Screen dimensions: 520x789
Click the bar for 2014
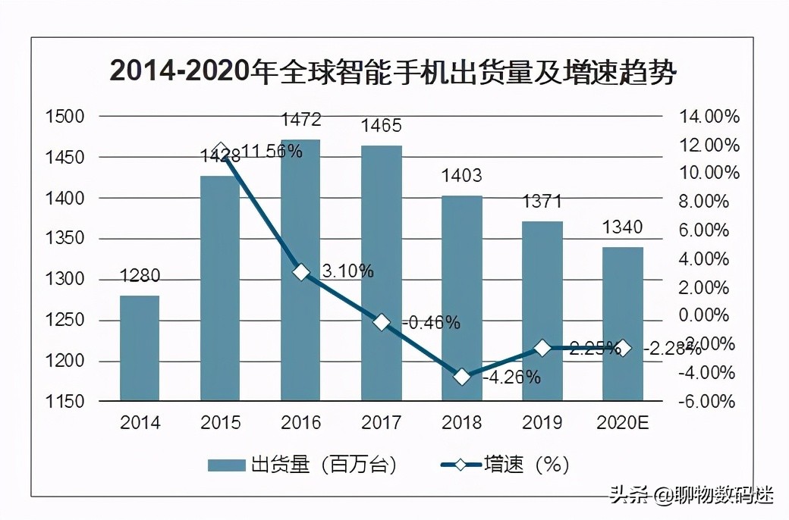pos(140,348)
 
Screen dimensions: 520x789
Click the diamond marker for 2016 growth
pos(301,272)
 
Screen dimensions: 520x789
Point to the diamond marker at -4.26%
pos(462,377)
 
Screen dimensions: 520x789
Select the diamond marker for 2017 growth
pos(382,322)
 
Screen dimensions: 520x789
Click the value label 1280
pos(140,277)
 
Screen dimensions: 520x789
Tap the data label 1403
pos(461,177)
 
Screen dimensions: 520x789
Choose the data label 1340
pos(622,227)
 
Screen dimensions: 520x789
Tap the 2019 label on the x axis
pos(542,423)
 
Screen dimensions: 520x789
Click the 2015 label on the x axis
pos(220,423)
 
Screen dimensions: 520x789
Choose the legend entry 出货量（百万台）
pos(303,465)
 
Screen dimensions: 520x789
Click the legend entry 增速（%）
pos(505,465)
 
